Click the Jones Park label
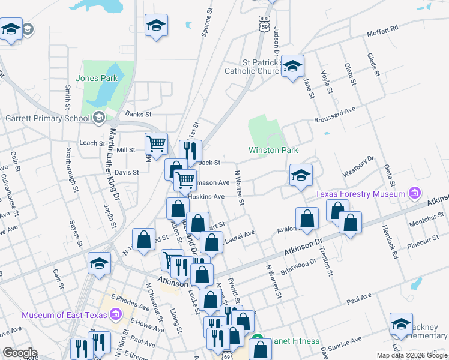tap(97, 78)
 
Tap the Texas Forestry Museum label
tap(361, 194)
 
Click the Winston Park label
tap(274, 150)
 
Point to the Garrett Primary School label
tap(47, 118)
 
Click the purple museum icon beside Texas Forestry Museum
tap(414, 193)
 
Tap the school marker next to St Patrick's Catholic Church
tap(292, 66)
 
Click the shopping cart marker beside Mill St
tap(156, 143)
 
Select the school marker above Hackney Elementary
tap(401, 324)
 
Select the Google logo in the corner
tap(19, 353)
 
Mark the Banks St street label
tap(137, 114)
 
